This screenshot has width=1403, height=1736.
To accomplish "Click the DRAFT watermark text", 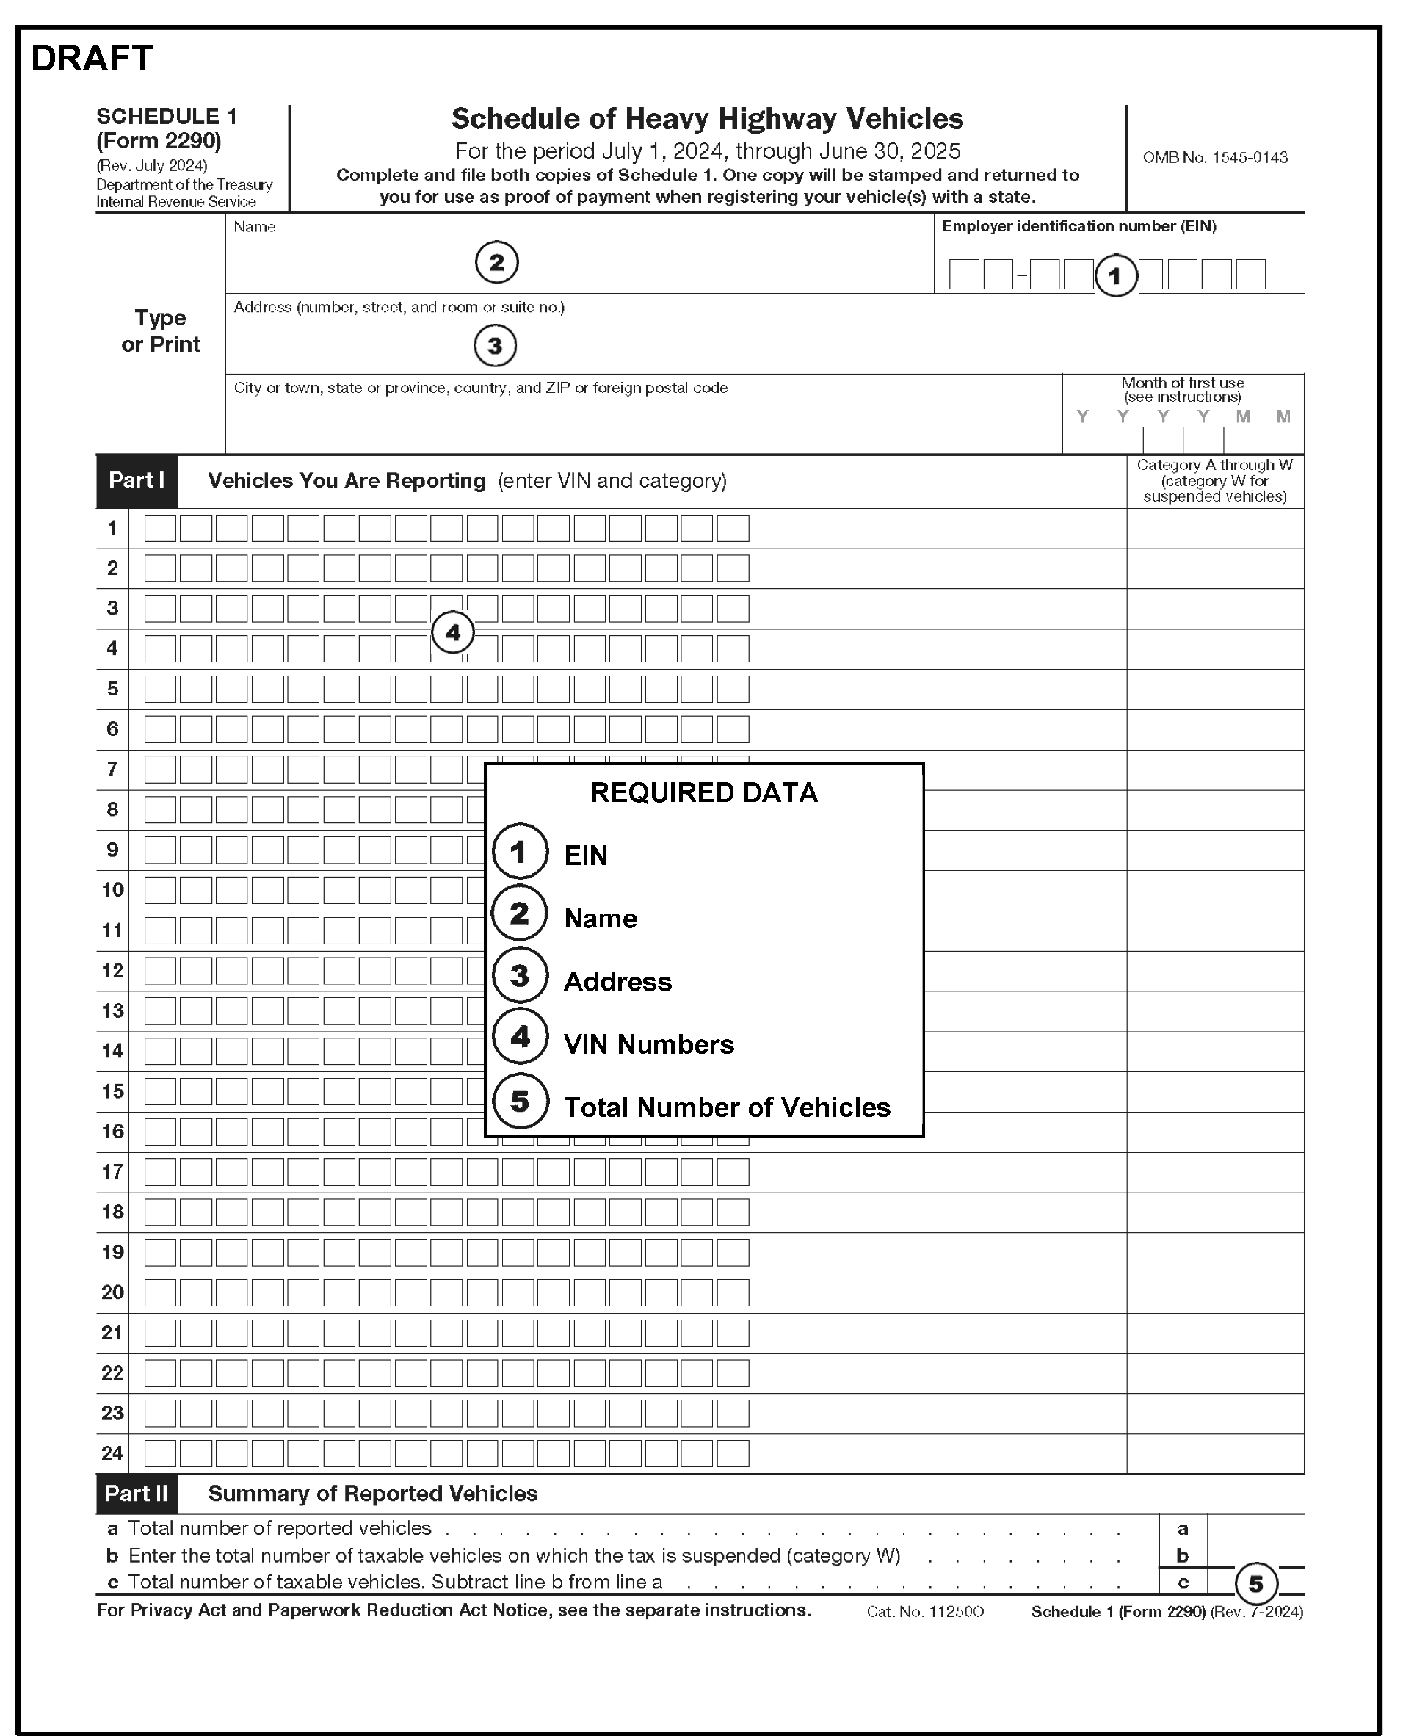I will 91,58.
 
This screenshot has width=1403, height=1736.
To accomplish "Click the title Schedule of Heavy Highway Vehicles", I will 706,119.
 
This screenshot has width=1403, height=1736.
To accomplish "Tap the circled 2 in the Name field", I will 496,263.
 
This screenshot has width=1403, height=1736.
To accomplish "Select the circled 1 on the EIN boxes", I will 1115,276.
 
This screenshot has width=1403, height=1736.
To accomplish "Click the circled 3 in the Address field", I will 495,346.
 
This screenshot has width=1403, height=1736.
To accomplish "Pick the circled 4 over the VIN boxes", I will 452,633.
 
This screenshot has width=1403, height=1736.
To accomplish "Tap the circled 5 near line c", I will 1255,1583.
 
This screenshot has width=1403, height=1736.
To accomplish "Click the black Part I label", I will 136,481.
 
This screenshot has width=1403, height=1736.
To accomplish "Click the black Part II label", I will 136,1494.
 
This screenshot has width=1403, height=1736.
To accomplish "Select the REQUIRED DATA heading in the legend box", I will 704,793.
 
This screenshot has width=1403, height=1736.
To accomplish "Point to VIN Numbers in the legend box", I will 648,1044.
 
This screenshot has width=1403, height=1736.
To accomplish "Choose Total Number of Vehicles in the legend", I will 727,1107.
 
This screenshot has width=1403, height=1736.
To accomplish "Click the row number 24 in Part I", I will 112,1453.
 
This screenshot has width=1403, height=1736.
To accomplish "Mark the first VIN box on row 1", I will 160,529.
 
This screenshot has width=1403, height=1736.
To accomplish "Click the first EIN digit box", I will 963,275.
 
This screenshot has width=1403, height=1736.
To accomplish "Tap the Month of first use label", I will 1181,389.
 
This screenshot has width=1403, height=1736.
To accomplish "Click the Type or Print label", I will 160,330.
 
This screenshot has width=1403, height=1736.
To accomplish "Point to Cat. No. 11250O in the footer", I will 924,1612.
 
